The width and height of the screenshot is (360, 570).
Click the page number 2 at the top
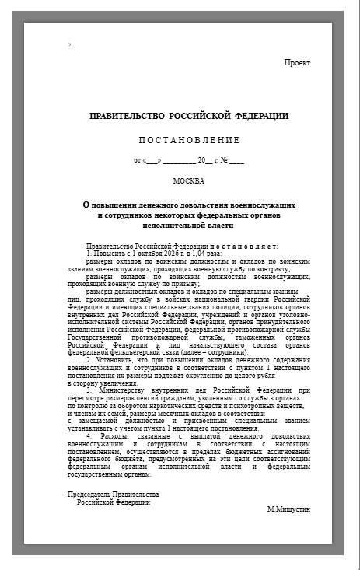point(69,45)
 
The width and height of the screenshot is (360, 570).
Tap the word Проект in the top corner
point(297,62)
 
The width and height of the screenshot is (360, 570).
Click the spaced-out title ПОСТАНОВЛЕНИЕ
point(189,140)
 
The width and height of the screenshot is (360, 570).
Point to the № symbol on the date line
point(223,160)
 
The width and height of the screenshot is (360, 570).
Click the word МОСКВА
point(189,181)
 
